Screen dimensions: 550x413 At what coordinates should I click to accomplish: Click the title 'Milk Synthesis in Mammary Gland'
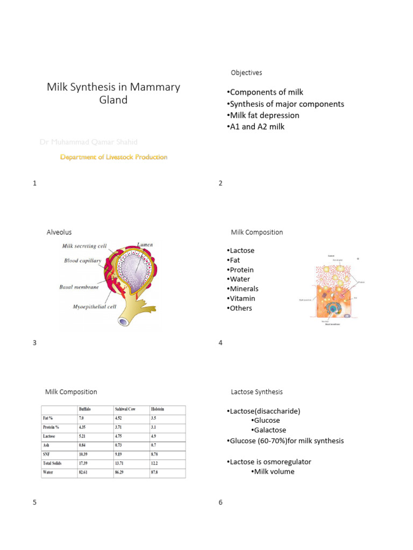(x=113, y=93)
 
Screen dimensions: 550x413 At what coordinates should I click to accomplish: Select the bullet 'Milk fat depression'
(x=262, y=115)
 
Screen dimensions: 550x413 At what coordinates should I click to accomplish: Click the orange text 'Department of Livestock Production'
(x=113, y=157)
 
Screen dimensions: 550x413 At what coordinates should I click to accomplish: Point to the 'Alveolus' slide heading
(x=59, y=232)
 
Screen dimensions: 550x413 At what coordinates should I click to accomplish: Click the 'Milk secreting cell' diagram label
(x=83, y=247)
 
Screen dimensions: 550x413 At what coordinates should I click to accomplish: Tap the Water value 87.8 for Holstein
(x=156, y=473)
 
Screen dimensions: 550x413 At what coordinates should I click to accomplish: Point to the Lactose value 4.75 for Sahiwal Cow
(x=121, y=436)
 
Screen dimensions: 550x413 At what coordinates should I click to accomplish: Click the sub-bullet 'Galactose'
(x=268, y=430)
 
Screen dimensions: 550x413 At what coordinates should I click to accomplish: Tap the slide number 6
(x=220, y=503)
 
